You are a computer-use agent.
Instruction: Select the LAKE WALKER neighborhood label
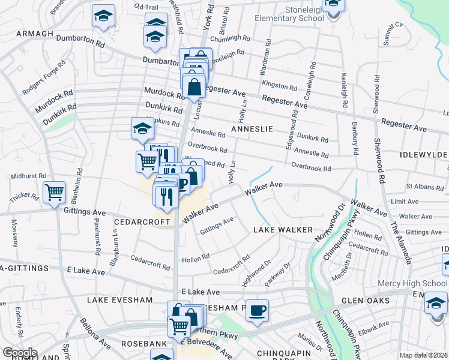tap(283, 230)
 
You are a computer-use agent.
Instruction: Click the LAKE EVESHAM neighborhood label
tap(119, 299)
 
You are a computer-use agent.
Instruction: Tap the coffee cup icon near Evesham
tap(258, 310)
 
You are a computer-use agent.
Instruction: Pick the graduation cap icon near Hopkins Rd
tap(142, 127)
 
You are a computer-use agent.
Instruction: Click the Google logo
tap(20, 353)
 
